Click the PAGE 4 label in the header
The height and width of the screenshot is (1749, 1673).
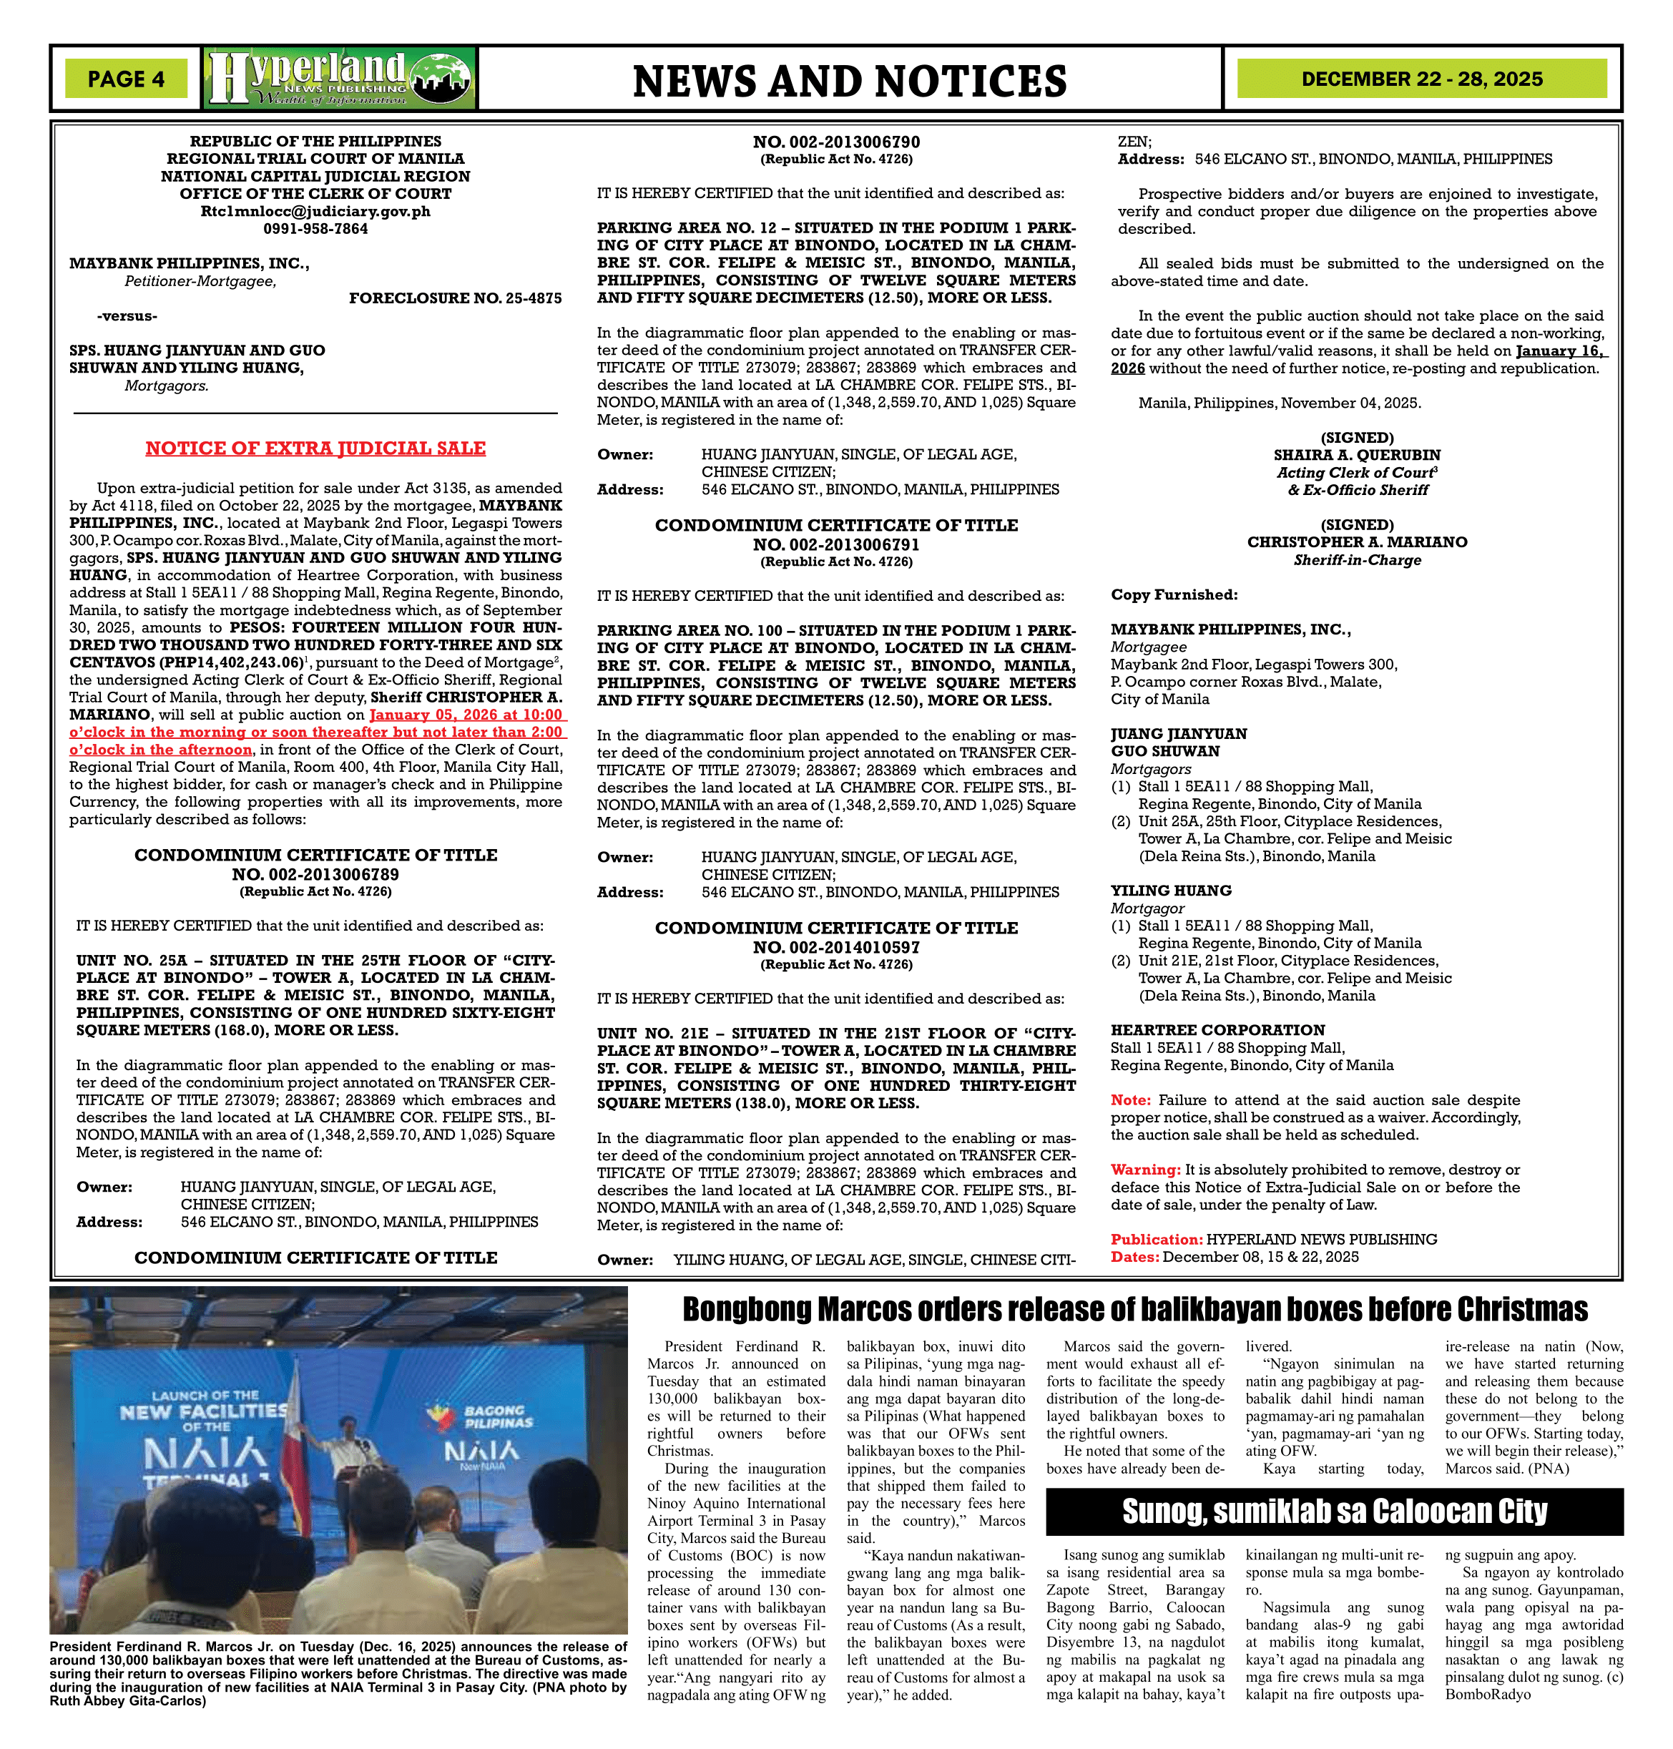click(126, 79)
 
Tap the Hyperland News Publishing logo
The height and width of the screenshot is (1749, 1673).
click(339, 79)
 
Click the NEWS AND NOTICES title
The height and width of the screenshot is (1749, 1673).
click(849, 81)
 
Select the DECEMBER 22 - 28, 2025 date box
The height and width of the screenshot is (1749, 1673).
click(1421, 79)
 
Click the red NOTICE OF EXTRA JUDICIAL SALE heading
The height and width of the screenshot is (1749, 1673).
click(315, 448)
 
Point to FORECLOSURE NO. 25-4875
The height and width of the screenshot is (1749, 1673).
click(455, 298)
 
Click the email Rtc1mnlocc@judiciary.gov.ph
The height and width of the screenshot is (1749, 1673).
click(315, 211)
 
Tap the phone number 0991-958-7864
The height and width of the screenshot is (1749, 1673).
click(315, 228)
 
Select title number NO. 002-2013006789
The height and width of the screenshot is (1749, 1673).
click(315, 874)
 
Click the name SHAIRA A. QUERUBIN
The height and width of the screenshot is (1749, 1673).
click(1356, 455)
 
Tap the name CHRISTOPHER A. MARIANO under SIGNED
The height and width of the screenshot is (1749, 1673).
click(1356, 542)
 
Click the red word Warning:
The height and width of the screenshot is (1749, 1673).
click(1145, 1170)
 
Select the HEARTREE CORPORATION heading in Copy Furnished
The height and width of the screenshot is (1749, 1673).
click(1217, 1029)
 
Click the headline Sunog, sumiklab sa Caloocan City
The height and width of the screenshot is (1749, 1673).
click(1334, 1512)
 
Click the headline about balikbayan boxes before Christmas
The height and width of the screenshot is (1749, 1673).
click(1134, 1309)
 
